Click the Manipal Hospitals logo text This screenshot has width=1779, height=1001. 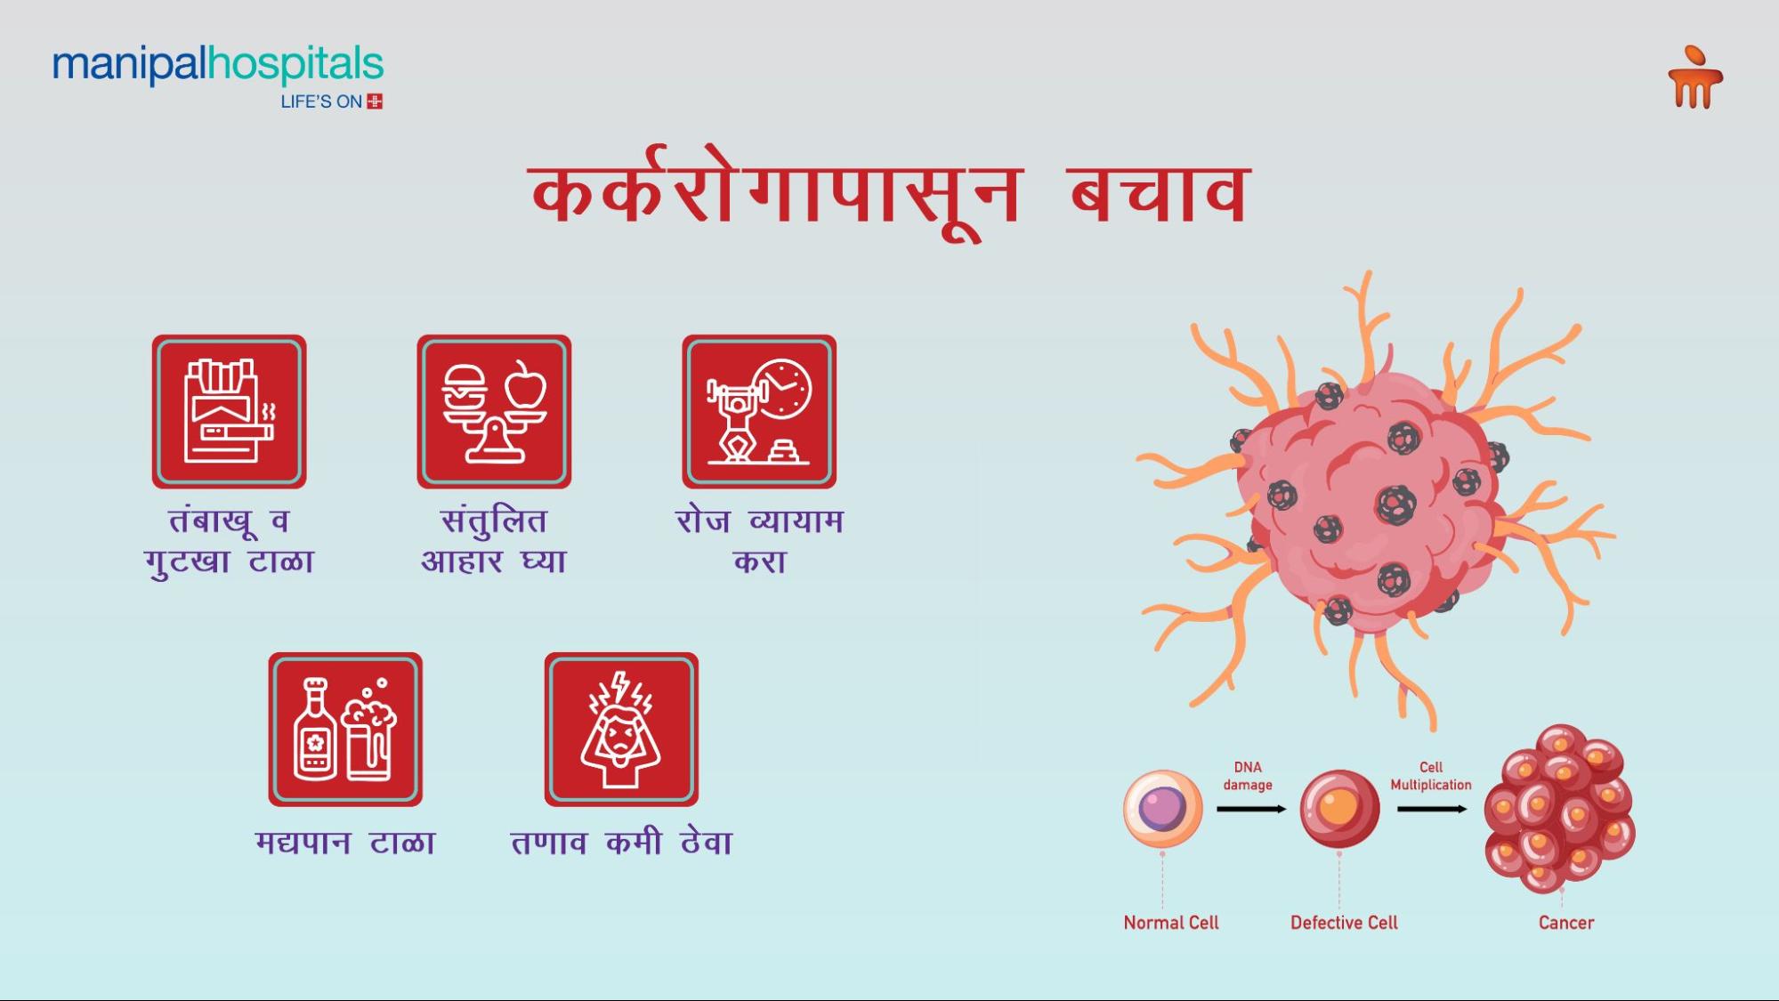pyautogui.click(x=218, y=66)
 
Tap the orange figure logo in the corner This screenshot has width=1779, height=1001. pyautogui.click(x=1695, y=78)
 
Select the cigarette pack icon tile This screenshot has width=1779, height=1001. pyautogui.click(x=229, y=411)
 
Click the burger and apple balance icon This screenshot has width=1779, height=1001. pyautogui.click(x=494, y=411)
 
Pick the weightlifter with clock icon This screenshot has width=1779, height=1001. pyautogui.click(x=759, y=411)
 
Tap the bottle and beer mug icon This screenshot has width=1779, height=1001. pyautogui.click(x=345, y=730)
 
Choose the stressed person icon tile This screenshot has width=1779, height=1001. pyautogui.click(x=621, y=730)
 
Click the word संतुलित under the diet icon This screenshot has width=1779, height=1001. pyautogui.click(x=494, y=521)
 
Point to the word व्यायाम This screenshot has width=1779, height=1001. pyautogui.click(x=796, y=521)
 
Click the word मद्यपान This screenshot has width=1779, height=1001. pyautogui.click(x=303, y=843)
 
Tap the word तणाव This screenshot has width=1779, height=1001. pyautogui.click(x=549, y=843)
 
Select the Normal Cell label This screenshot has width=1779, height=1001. pyautogui.click(x=1171, y=923)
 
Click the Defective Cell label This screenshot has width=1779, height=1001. pyautogui.click(x=1344, y=923)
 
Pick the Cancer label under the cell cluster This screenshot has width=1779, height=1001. pyautogui.click(x=1566, y=923)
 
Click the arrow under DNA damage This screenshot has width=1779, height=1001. pyautogui.click(x=1251, y=809)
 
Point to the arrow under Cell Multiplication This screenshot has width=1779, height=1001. pyautogui.click(x=1432, y=809)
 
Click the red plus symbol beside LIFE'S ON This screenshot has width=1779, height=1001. pyautogui.click(x=375, y=101)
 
